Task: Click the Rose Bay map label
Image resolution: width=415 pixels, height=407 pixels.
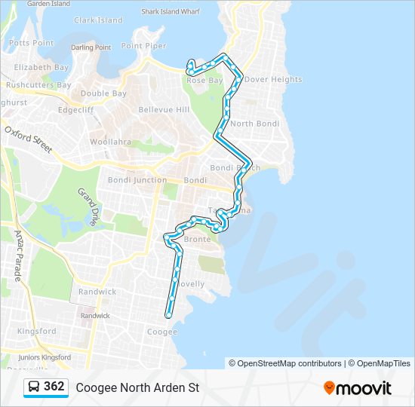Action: [204, 80]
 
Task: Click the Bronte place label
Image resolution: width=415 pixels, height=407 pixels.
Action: [197, 239]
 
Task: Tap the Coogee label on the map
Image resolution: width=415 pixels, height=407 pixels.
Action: [162, 332]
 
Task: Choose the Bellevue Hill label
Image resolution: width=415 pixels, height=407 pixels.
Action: [164, 109]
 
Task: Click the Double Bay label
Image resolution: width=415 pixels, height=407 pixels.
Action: [103, 93]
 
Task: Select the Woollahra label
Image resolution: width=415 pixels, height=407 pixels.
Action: [110, 142]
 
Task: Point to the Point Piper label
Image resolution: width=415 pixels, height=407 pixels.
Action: [143, 46]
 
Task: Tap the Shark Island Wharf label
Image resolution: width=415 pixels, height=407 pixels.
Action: [171, 11]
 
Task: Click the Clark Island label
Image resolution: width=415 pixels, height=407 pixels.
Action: [99, 20]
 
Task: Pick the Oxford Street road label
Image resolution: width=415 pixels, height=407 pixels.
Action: [29, 139]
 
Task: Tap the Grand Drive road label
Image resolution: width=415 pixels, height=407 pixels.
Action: [88, 203]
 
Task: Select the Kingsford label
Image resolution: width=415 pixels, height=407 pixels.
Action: [36, 331]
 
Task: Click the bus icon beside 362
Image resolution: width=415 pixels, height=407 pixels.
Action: [34, 387]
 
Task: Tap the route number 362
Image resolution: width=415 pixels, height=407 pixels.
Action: [54, 387]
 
